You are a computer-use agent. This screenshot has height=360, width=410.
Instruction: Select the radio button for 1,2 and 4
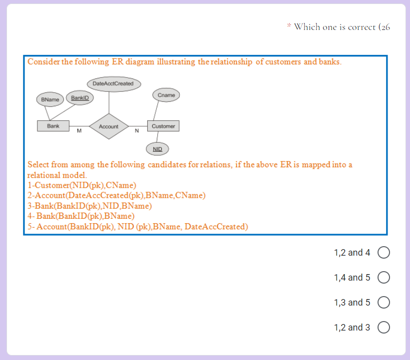(x=384, y=253)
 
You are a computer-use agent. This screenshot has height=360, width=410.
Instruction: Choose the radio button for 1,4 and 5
(x=384, y=278)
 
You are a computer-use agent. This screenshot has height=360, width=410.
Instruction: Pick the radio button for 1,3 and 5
(x=384, y=303)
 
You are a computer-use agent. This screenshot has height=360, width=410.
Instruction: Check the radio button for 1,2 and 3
(x=384, y=328)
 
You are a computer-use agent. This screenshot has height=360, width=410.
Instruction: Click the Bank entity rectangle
(x=53, y=126)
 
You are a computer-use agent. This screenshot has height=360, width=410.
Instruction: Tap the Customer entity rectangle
(x=163, y=126)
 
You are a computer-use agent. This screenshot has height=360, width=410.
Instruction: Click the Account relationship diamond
(x=108, y=126)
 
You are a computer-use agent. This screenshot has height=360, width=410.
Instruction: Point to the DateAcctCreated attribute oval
(x=113, y=83)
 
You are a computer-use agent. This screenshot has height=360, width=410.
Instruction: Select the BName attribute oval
(x=50, y=99)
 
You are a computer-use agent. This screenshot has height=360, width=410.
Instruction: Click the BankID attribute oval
(x=79, y=97)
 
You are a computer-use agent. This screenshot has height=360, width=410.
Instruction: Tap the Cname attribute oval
(x=166, y=95)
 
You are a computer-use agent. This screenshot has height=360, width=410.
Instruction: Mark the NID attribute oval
(x=157, y=149)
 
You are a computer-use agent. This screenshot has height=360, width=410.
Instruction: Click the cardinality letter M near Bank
(x=79, y=132)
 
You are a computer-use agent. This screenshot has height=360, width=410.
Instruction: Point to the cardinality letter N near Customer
(x=136, y=132)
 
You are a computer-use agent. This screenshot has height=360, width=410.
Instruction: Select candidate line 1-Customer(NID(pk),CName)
(x=82, y=186)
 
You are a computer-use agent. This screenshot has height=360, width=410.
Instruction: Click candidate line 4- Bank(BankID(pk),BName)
(x=81, y=216)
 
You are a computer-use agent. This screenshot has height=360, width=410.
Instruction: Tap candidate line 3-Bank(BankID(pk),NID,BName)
(x=90, y=206)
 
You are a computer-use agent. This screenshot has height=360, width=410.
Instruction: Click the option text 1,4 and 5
(x=352, y=278)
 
